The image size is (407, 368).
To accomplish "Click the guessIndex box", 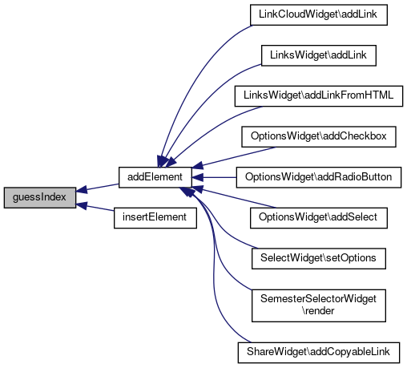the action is [40, 197].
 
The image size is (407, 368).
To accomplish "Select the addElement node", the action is [155, 177].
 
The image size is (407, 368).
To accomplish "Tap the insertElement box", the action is [155, 218].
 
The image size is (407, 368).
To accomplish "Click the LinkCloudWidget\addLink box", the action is [319, 14].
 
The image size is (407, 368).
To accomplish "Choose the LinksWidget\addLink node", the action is [319, 55].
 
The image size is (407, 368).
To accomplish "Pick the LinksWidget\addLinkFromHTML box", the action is [319, 96].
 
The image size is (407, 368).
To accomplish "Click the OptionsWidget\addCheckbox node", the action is [319, 137].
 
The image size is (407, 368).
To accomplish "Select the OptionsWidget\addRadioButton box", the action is [319, 177].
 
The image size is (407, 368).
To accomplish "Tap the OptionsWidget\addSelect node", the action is [319, 218].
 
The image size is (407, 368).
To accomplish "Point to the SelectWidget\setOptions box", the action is [319, 259].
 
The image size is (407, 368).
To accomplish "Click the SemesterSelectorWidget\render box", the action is [319, 305].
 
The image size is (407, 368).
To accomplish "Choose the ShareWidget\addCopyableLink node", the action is [319, 353].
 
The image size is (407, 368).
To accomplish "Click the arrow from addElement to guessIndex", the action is [98, 188].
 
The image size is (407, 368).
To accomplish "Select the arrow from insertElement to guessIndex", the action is [95, 208].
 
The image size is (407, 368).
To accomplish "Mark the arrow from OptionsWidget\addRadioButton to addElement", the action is [214, 177].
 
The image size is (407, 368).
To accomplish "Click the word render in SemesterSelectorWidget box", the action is [318, 311].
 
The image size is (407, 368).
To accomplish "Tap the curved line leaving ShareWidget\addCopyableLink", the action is [214, 267].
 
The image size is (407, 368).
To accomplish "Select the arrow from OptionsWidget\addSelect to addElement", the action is [234, 197].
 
